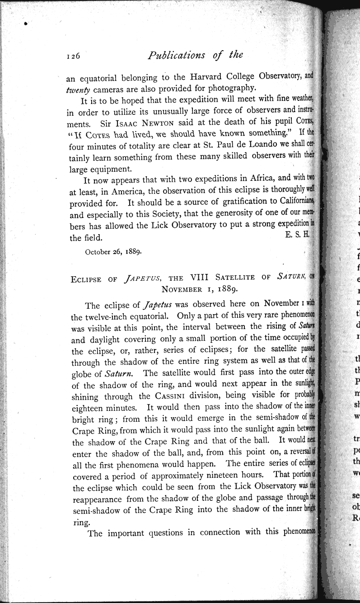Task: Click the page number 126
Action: coord(73,57)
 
